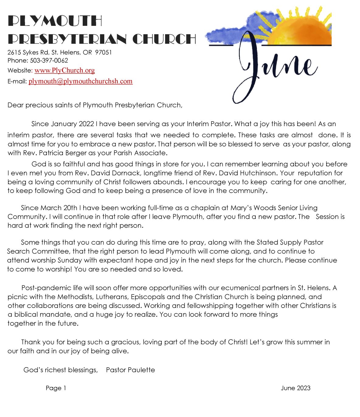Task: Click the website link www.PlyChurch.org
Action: pos(64,71)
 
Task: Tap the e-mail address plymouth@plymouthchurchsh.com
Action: pos(81,81)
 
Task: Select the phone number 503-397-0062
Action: pos(49,60)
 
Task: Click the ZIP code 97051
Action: pos(103,52)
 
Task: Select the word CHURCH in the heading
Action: pos(164,39)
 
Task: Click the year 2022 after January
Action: pos(86,124)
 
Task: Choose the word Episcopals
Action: pos(148,297)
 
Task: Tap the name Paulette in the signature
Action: pos(141,370)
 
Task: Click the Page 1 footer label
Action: pos(56,388)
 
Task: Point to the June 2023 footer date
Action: pos(296,388)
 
